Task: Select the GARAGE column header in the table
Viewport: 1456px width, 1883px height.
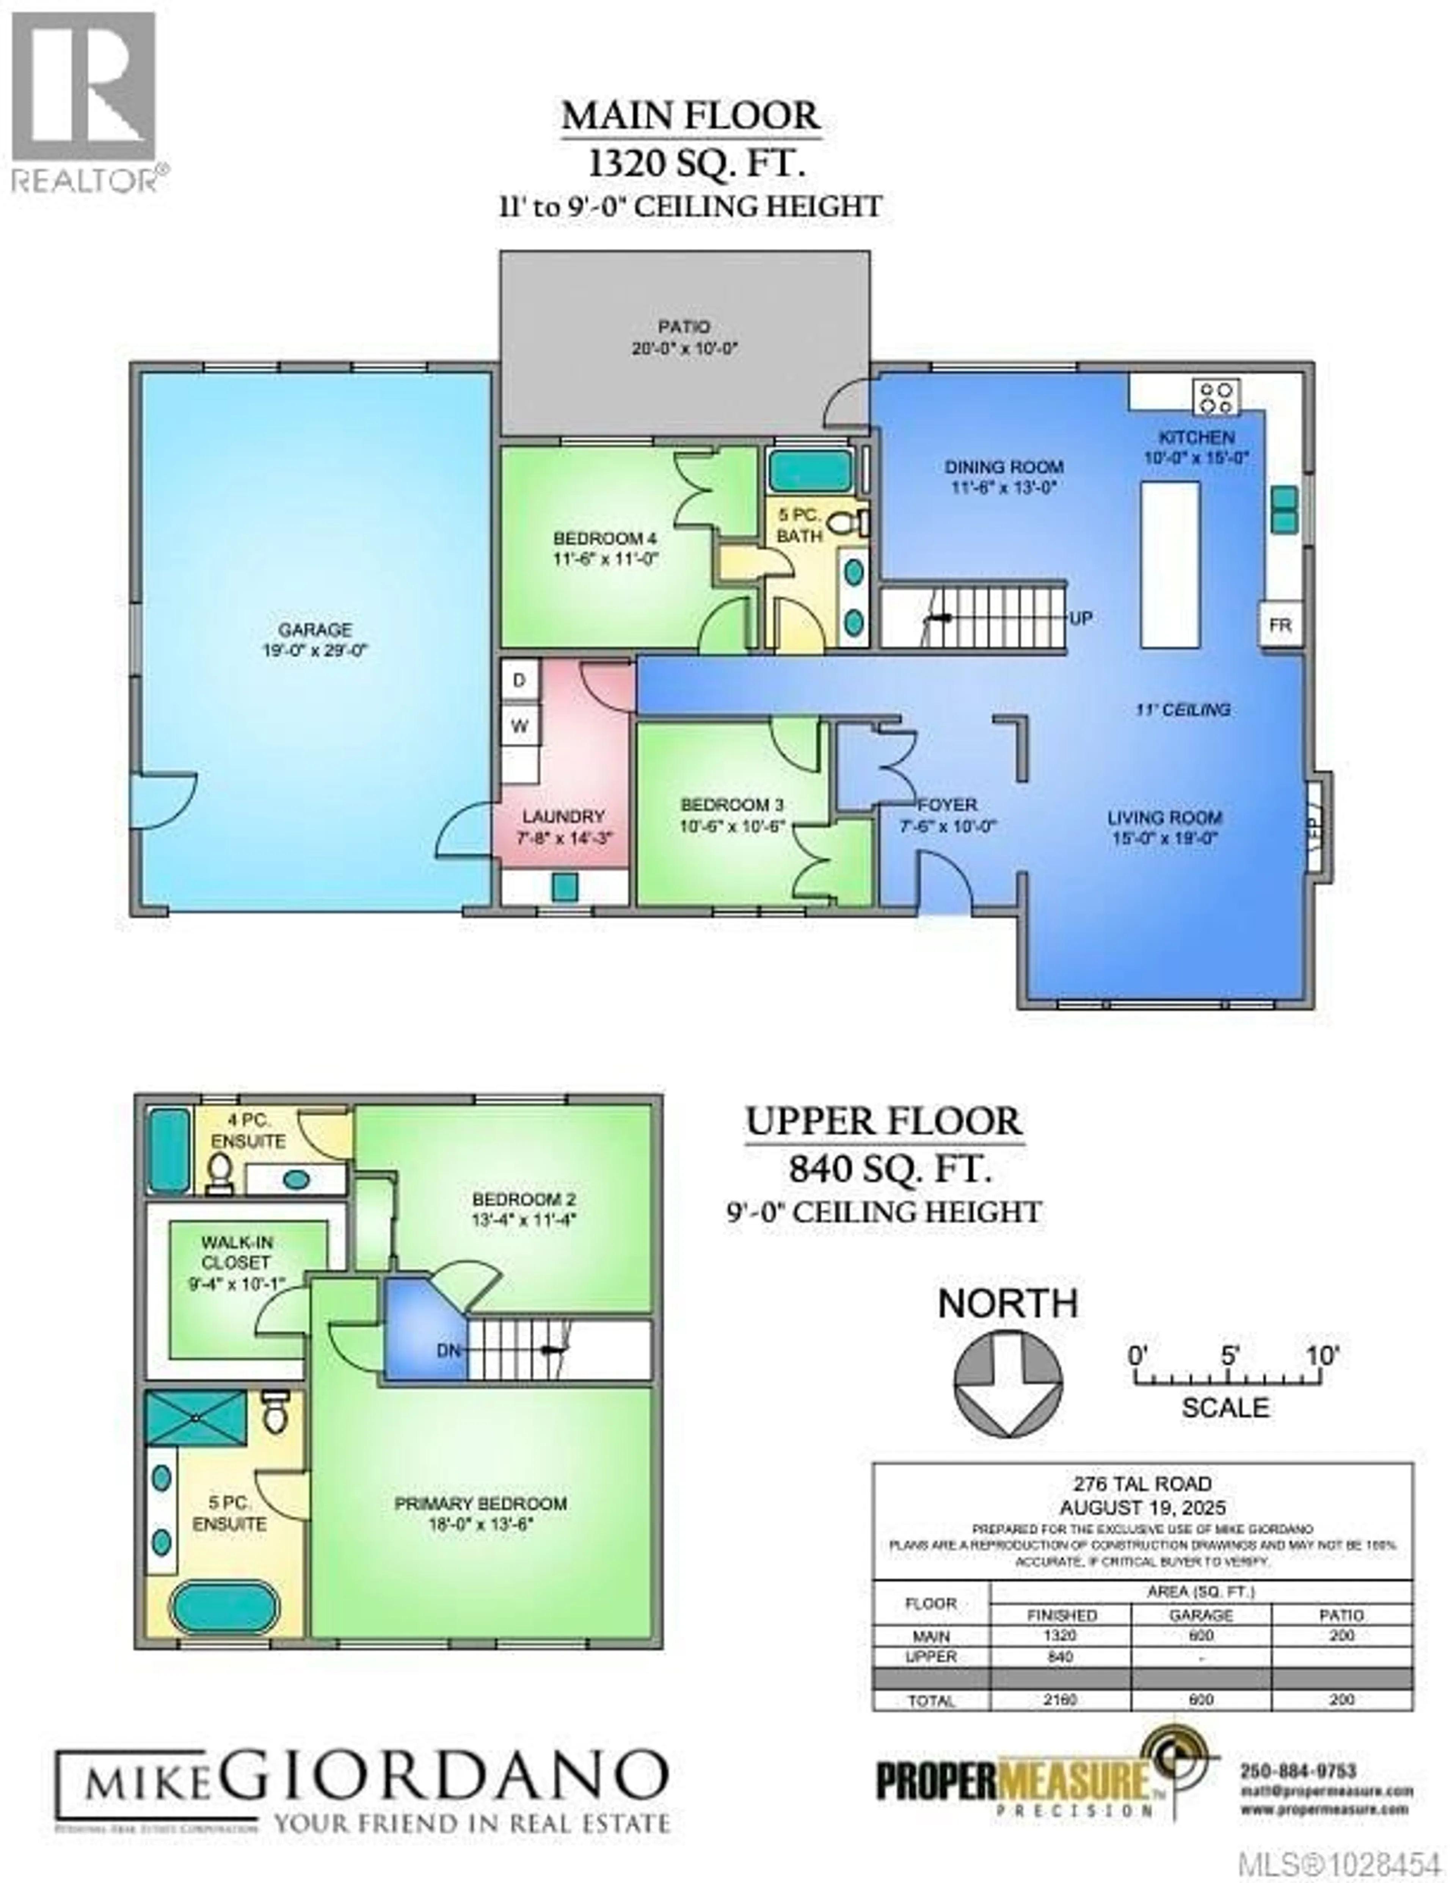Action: point(1201,1614)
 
